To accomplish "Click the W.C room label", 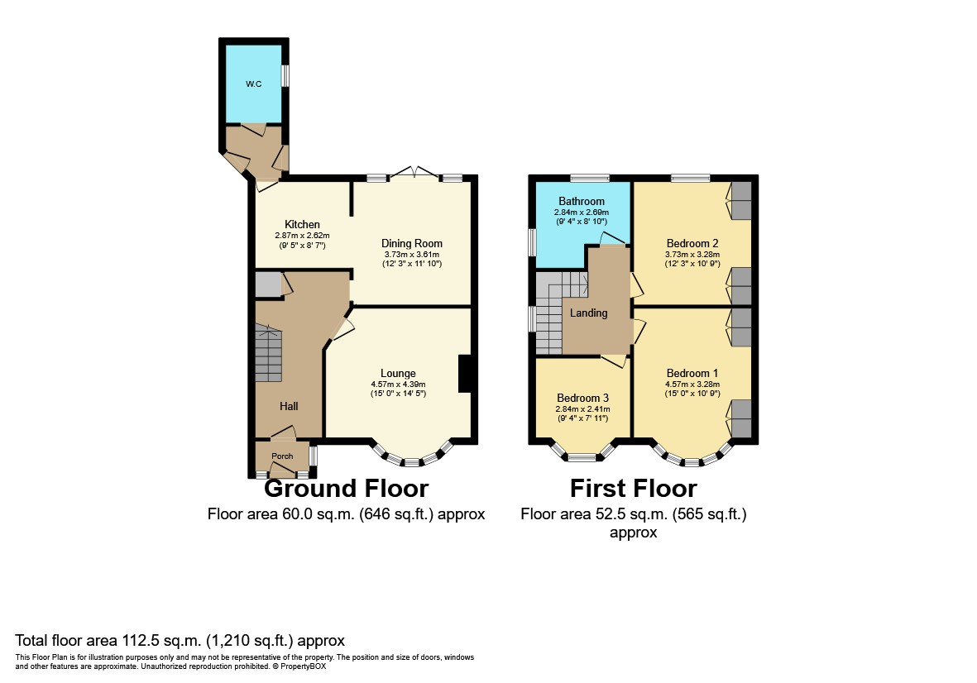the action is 254,84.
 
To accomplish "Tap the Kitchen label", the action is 302,224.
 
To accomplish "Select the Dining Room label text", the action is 412,243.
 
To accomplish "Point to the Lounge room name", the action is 398,374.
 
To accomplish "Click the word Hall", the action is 289,406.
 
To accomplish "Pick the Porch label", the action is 282,456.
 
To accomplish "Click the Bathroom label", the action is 582,201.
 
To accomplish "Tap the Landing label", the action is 588,313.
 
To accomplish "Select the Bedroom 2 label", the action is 692,243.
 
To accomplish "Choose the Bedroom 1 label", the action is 692,374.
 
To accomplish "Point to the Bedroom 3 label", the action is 582,398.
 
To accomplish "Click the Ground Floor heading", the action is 346,488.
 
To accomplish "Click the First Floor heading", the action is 633,488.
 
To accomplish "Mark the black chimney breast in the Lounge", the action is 464,374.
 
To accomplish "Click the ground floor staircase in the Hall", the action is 269,352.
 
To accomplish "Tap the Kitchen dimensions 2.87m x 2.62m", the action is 302,236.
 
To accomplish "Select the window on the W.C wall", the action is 285,76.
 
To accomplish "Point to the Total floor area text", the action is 180,641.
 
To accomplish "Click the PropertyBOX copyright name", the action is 304,666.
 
